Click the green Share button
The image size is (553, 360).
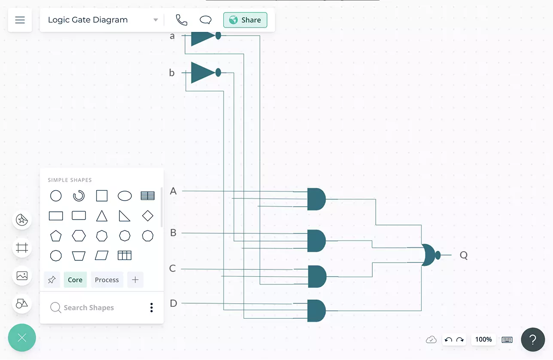coord(245,20)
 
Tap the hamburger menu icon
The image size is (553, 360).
coord(20,20)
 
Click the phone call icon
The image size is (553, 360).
coord(182,20)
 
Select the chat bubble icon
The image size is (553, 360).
coord(206,20)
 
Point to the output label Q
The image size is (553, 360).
coord(464,255)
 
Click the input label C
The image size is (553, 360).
coord(173,268)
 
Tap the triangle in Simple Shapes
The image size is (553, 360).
coord(102,216)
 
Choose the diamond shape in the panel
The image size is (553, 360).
coord(148,216)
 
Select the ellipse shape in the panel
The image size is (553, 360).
coord(125,196)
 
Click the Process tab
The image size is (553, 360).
coord(107,280)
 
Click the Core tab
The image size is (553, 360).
coord(75,280)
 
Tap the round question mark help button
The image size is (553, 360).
coord(533,340)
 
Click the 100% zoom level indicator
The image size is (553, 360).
coord(483,339)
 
